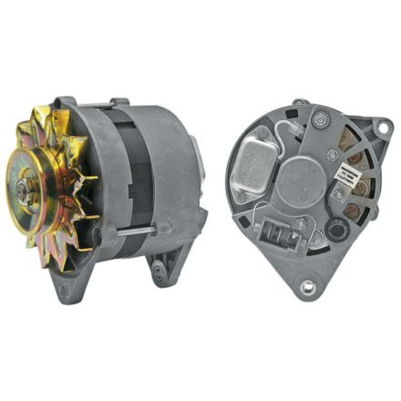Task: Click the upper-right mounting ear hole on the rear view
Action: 373,129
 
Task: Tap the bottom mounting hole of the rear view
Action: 308,287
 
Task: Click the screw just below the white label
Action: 339,194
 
